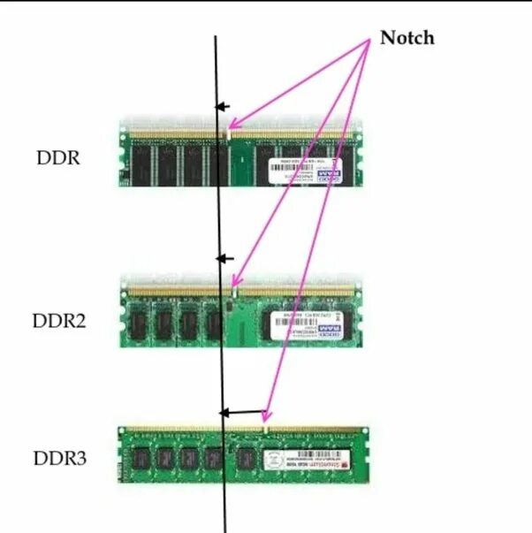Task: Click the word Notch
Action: pyautogui.click(x=407, y=38)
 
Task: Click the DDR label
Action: pyautogui.click(x=58, y=158)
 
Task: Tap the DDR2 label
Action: pyautogui.click(x=60, y=321)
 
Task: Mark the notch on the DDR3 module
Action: pyautogui.click(x=266, y=430)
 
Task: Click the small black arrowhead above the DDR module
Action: pyautogui.click(x=222, y=107)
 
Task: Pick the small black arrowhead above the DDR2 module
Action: pyautogui.click(x=223, y=259)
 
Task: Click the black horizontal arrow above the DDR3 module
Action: pyautogui.click(x=242, y=412)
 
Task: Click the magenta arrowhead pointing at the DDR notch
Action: pyautogui.click(x=234, y=126)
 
